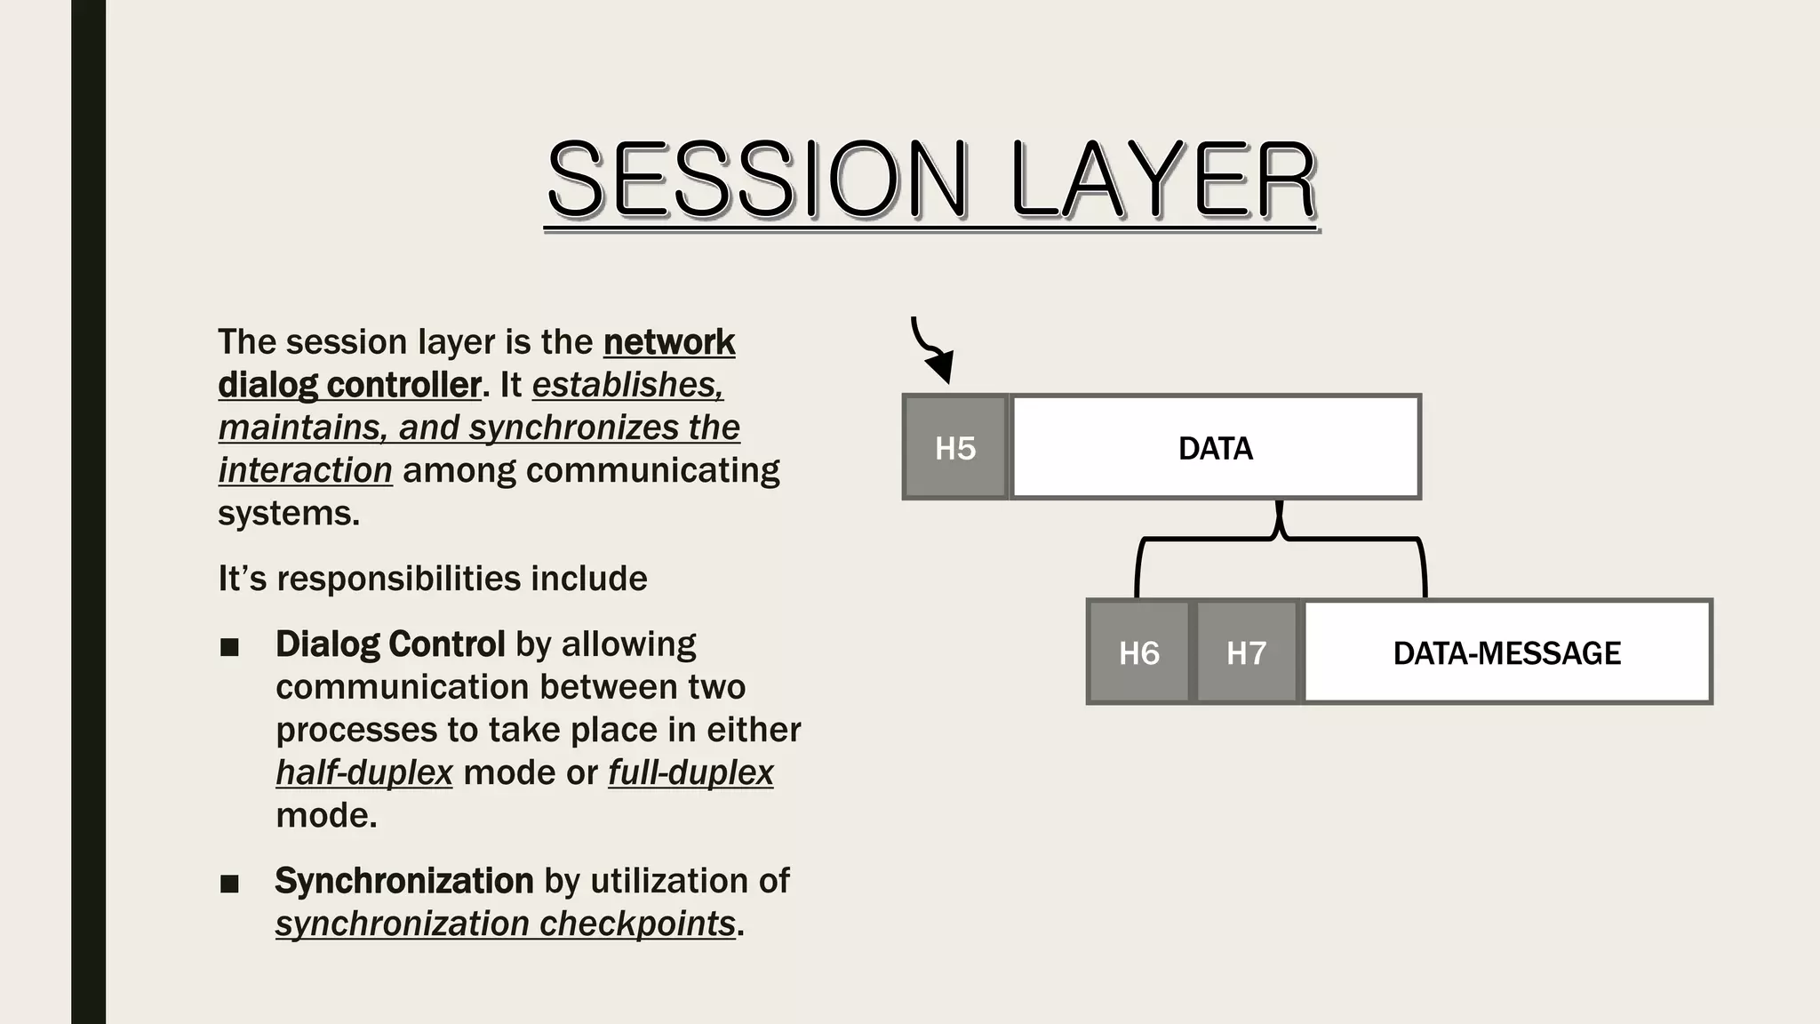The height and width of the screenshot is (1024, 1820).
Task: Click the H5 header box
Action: [955, 447]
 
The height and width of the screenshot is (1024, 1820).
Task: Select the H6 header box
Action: [1138, 652]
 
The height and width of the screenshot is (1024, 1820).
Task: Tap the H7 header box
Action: [1246, 652]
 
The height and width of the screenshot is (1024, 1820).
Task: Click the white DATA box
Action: [1215, 447]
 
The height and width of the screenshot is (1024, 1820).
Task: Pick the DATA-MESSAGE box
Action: [1506, 652]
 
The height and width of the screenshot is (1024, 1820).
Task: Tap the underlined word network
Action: [668, 342]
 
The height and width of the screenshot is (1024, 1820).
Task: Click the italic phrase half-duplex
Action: [364, 772]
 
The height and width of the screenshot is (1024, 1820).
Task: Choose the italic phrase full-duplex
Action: [690, 772]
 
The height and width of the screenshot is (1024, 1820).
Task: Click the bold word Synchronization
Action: [404, 881]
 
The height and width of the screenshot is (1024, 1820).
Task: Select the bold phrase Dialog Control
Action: [390, 644]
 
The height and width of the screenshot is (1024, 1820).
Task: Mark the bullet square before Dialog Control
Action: [229, 647]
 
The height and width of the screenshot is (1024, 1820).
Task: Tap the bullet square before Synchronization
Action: [229, 884]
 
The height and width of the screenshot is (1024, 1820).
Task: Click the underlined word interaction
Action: [305, 470]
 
